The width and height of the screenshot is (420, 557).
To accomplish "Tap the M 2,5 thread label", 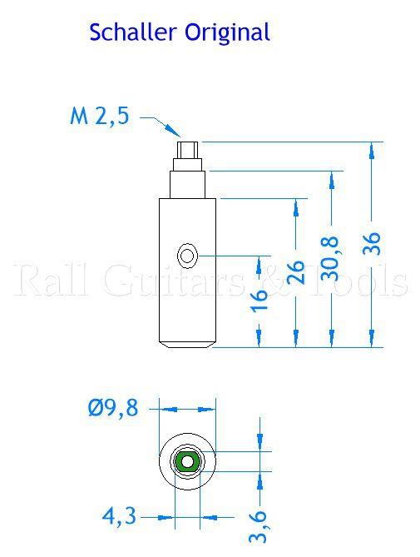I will tap(99, 117).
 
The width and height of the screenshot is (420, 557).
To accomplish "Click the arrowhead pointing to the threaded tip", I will tap(174, 131).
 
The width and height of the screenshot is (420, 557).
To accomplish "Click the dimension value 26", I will tap(294, 271).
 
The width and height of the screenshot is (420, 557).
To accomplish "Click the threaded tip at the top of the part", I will tap(188, 151).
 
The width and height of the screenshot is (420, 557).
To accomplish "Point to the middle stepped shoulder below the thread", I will tap(188, 183).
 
